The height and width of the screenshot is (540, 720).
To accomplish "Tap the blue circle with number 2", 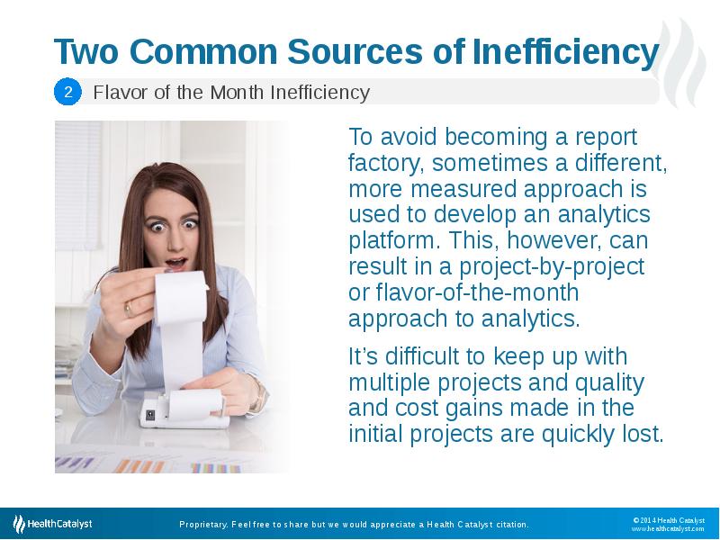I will (x=68, y=92).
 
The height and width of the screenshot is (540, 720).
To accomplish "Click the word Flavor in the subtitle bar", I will (x=116, y=92).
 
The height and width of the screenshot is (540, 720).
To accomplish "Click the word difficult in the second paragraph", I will (x=418, y=356).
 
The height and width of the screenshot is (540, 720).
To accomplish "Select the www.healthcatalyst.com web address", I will (x=667, y=529).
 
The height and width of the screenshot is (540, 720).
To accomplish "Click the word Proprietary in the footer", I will (x=202, y=525).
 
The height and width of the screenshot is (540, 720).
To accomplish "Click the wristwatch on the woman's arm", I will (x=255, y=393).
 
